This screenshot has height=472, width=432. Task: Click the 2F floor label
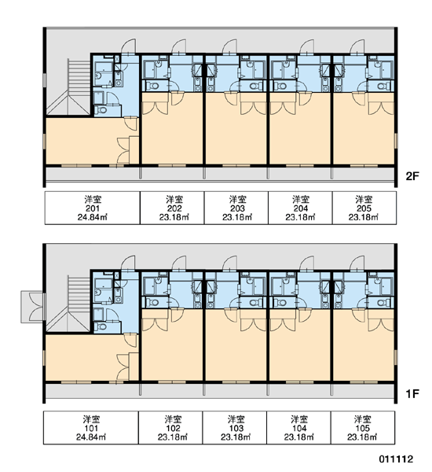[412, 175]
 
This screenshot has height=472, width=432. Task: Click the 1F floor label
[412, 393]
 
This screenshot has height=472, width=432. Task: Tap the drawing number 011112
[396, 459]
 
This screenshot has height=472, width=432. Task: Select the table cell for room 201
[93, 208]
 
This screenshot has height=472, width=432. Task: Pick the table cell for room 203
[236, 208]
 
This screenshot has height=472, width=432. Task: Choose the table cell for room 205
[364, 208]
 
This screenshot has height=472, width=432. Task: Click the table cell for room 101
[91, 427]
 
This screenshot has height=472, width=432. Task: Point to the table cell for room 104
[298, 427]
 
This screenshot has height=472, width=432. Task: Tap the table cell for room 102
[170, 427]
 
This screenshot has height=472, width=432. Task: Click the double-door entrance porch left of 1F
[32, 307]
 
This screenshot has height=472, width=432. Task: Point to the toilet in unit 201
[101, 110]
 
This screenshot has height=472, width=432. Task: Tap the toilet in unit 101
[101, 326]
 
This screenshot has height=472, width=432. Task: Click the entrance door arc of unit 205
[357, 46]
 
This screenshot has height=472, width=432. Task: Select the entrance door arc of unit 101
[128, 263]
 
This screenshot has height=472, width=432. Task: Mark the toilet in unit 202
[153, 86]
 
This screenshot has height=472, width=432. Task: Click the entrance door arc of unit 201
[128, 46]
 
